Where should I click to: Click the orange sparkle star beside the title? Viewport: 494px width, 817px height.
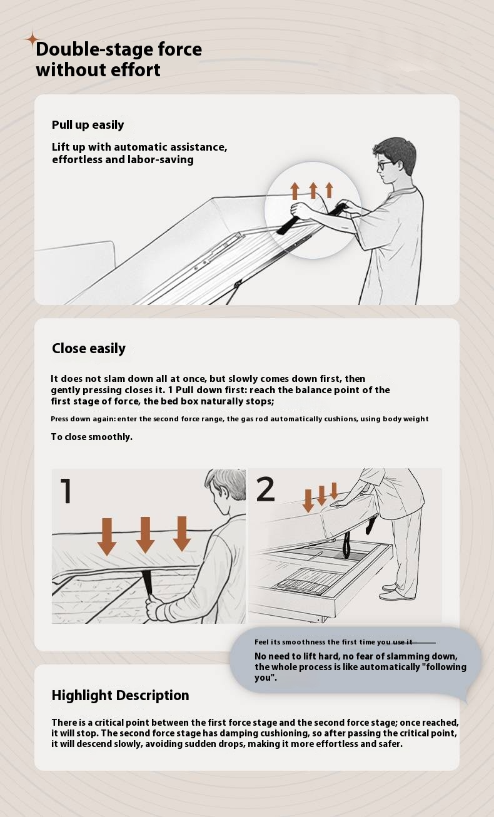point(33,39)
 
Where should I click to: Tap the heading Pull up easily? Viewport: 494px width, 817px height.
point(88,125)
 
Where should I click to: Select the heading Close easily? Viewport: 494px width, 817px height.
point(89,349)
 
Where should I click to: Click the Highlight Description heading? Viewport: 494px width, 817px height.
point(121,696)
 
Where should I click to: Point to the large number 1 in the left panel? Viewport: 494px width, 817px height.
point(66,491)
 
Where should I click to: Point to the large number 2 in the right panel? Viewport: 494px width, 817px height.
point(265,489)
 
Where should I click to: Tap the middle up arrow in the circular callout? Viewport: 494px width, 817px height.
point(313,191)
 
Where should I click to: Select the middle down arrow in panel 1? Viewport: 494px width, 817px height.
point(145,534)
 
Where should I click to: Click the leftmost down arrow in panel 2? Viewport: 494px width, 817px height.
point(308,501)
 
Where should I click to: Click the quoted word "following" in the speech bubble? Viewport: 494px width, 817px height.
point(446,667)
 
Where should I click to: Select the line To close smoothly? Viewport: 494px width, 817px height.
point(91,437)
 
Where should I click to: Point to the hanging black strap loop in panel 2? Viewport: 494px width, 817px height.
point(346,545)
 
